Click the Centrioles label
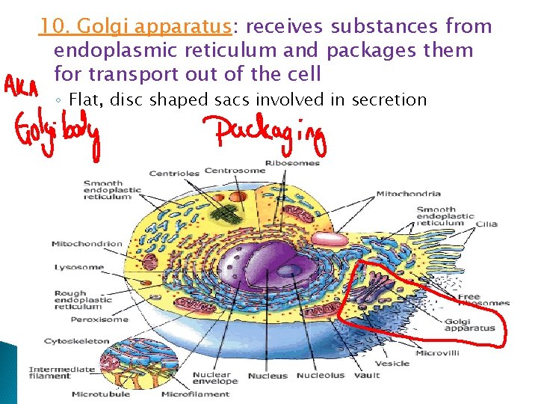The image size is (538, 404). click(174, 173)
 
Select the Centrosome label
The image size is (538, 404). click(235, 170)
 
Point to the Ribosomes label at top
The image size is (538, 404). click(297, 162)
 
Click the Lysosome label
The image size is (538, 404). click(78, 267)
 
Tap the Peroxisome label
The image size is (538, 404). click(99, 319)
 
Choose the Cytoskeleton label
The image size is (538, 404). click(76, 341)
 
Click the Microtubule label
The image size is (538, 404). click(101, 394)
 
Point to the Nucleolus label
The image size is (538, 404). click(321, 375)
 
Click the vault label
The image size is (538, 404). click(367, 375)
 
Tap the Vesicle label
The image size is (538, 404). click(392, 363)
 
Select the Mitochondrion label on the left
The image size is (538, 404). click(87, 244)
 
